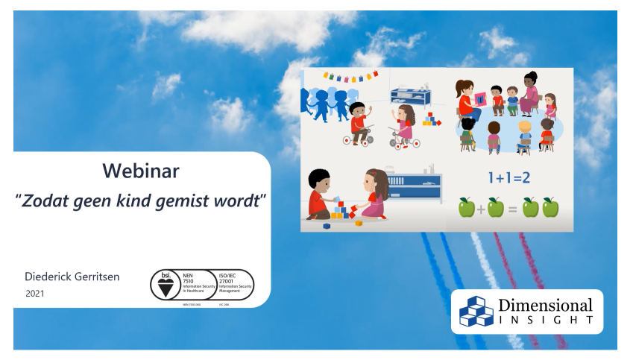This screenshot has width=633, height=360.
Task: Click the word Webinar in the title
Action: (141, 171)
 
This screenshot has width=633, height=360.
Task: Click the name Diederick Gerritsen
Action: (72, 277)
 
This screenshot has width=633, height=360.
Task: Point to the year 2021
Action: (34, 294)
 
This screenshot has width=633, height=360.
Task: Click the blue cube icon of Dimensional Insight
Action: (476, 312)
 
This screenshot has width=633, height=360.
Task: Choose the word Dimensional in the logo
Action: (545, 306)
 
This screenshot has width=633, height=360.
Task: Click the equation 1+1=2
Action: (509, 179)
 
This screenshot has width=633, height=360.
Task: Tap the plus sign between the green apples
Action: (481, 209)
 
